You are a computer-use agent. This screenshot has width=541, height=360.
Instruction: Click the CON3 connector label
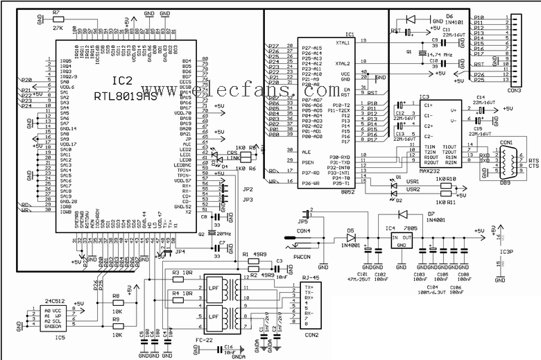pyautogui.click(x=514, y=89)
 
